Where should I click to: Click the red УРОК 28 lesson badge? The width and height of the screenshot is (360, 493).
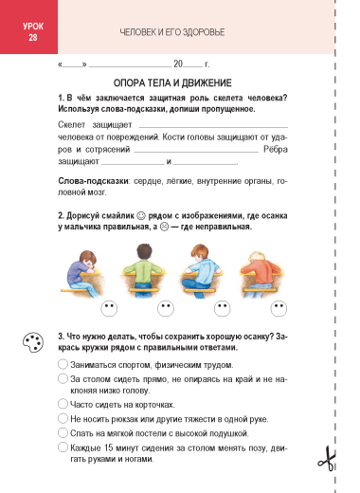coord(28,27)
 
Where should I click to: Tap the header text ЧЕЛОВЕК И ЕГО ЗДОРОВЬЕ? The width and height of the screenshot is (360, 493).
coord(172,32)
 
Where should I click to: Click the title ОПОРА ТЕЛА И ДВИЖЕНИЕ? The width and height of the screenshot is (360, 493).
coord(172,83)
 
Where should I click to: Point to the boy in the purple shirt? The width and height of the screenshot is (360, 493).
coord(81,273)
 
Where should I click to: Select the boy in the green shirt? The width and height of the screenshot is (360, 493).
coord(144,270)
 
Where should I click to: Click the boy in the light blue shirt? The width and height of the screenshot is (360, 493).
coord(201,271)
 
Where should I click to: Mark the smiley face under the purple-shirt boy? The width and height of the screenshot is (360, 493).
coord(109,308)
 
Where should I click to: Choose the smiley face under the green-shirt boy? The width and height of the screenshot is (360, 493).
coord(166,308)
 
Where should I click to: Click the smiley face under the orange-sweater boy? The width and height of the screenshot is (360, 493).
coord(279,308)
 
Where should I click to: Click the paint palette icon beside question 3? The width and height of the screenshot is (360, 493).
coord(33,342)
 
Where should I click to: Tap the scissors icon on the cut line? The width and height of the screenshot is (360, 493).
coord(327,459)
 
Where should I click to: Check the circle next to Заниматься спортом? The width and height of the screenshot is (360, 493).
coord(63,364)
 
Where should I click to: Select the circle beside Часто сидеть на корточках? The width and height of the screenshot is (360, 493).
coord(63,404)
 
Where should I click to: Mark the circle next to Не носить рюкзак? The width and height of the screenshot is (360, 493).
coord(63,418)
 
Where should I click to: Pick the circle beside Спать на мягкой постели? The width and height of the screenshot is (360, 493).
coord(63,432)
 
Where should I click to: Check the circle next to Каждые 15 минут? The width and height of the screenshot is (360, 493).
coord(63,447)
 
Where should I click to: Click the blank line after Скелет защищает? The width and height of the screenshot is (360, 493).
coord(213,127)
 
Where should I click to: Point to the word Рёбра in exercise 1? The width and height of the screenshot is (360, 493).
coord(276,149)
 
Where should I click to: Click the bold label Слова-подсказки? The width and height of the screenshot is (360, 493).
coord(93,181)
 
